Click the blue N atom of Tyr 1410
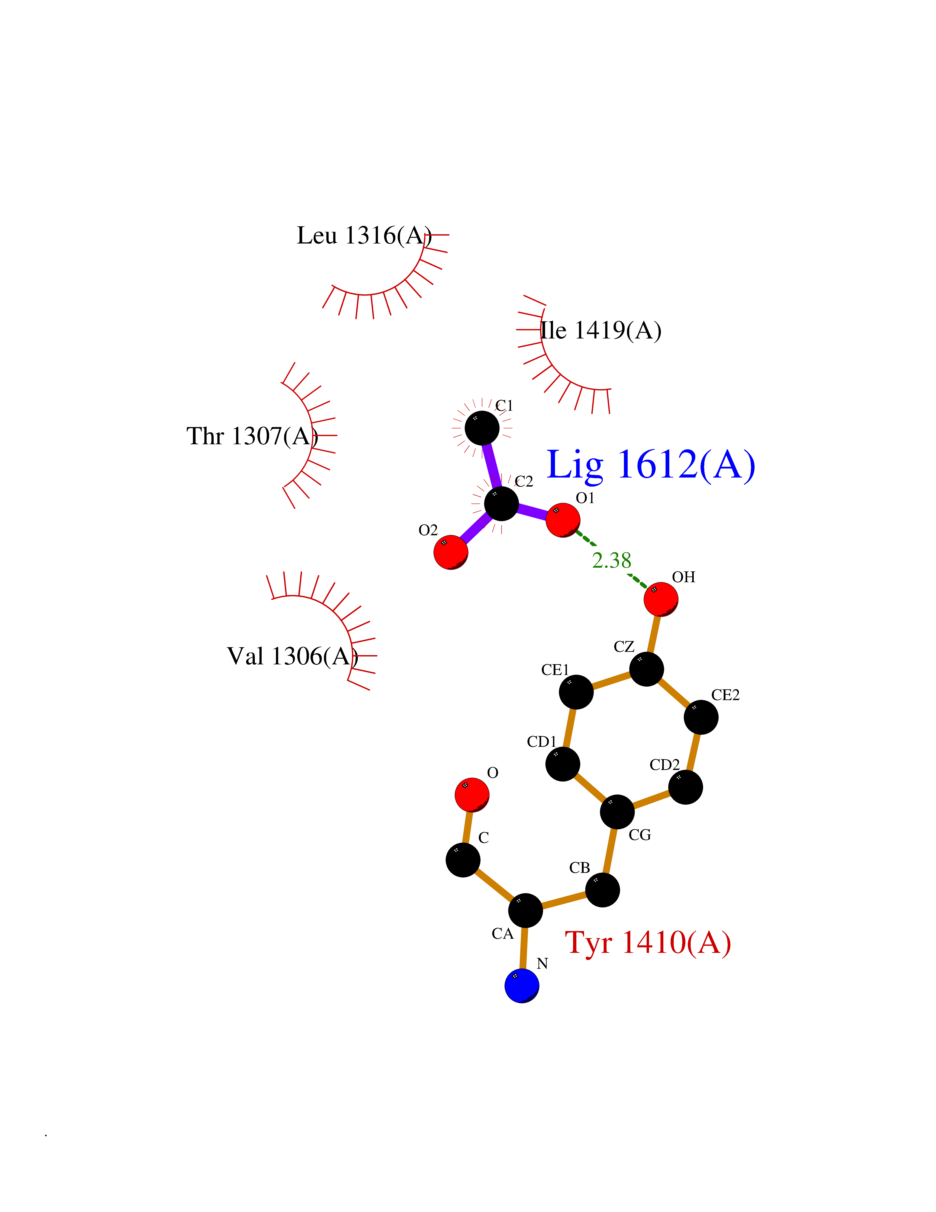(521, 986)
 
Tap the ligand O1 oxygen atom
(563, 520)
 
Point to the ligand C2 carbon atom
(501, 503)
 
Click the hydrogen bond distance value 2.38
(612, 560)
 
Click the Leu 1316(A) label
(364, 235)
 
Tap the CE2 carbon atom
(701, 717)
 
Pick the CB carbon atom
(602, 890)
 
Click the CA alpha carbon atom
(525, 910)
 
